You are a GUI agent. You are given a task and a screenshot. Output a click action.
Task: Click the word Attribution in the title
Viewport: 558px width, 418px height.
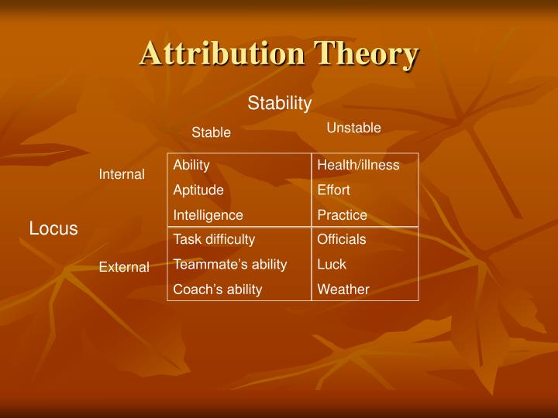point(222,54)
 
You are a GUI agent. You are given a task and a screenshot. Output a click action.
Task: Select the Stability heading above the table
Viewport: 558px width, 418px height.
point(280,103)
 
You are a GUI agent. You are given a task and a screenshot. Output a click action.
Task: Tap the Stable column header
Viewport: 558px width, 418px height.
point(212,132)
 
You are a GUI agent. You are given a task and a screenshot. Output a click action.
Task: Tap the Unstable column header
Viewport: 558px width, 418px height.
point(353,128)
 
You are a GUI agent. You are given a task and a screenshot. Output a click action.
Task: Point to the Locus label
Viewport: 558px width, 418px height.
point(53,228)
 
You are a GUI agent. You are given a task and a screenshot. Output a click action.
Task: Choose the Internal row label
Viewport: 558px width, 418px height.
point(122,174)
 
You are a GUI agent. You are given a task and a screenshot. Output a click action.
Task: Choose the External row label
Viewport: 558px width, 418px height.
point(124,267)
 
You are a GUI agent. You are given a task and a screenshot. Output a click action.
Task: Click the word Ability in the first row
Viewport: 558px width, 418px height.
point(191,165)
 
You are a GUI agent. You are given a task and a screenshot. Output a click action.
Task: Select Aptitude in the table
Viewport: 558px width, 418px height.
point(198,190)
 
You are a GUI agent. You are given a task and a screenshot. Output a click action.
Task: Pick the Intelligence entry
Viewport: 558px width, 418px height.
point(208,215)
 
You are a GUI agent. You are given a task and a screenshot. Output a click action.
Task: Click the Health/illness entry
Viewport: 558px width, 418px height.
point(358,165)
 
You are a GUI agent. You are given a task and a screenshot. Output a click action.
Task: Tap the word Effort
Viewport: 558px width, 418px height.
point(333,190)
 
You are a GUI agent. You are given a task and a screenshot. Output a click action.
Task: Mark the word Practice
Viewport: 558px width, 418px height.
point(342,215)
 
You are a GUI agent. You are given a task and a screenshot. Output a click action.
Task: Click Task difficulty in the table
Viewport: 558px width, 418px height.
point(214,239)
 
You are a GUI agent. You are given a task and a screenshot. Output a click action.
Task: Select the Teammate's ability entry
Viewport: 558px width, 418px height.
point(230,264)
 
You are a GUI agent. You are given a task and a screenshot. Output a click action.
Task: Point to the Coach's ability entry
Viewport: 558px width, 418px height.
point(218,290)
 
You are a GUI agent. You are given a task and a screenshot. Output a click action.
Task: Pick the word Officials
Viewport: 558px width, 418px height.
point(341,239)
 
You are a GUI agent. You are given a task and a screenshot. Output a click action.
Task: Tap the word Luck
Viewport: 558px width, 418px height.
point(332,264)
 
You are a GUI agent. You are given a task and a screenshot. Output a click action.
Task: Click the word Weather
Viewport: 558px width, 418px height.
point(343,290)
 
